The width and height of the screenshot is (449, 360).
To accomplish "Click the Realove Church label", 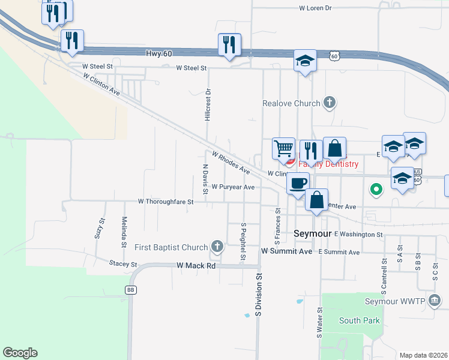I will click(291, 103).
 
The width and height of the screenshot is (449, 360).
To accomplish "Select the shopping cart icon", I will click(283, 148).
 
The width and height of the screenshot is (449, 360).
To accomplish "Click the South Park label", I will click(359, 320).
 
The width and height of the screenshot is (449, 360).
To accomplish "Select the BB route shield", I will click(130, 290).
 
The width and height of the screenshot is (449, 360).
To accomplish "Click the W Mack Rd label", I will click(196, 265).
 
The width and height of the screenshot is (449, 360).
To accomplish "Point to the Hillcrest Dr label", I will click(208, 105).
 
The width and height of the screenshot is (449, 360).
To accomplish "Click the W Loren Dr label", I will click(315, 8).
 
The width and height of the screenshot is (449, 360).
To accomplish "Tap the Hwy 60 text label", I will click(159, 53).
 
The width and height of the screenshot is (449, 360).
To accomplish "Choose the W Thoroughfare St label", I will click(166, 202).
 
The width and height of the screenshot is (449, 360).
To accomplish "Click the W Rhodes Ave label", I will click(230, 162).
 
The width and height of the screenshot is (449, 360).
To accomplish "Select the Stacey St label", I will click(124, 264).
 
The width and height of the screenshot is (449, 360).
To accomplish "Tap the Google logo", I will click(20, 353).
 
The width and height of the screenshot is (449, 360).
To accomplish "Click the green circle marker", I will click(376, 190).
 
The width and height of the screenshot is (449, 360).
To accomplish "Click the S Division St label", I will click(260, 295).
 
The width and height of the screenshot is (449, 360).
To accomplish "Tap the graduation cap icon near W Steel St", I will click(305, 61).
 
